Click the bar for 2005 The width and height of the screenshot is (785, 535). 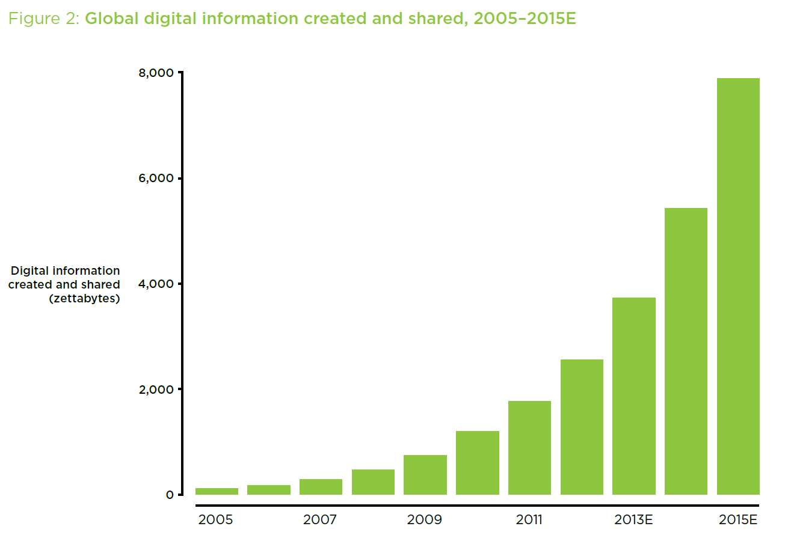tap(217, 491)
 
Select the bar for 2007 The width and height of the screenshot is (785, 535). tap(321, 487)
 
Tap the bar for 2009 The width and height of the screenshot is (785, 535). tap(425, 475)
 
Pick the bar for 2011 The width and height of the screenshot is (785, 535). tap(529, 448)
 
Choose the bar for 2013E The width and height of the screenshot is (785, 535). tap(633, 396)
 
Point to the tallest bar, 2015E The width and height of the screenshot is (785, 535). tap(738, 286)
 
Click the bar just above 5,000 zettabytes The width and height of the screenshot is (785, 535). tap(686, 351)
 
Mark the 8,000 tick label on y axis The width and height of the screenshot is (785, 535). tap(157, 73)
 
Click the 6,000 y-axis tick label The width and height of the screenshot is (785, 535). tap(157, 179)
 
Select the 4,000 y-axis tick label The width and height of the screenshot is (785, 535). tap(157, 284)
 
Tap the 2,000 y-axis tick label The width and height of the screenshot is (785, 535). tap(157, 390)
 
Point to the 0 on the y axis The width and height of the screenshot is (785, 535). tap(170, 495)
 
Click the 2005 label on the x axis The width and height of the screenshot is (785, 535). tap(215, 519)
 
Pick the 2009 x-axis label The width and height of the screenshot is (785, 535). tap(424, 519)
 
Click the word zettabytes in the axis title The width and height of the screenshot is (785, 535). tap(84, 298)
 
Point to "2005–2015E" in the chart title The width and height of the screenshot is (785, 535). tap(525, 19)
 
